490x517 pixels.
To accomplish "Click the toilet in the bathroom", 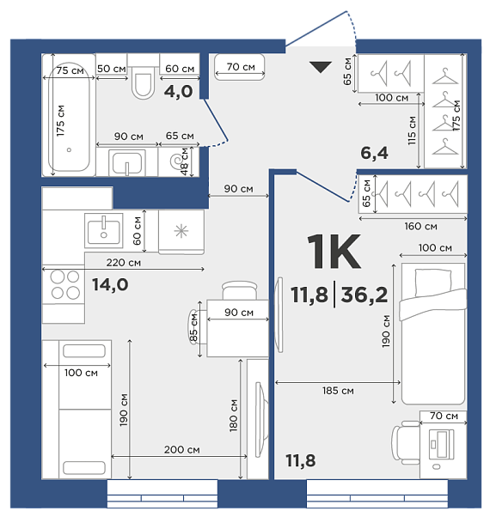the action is click(144, 76).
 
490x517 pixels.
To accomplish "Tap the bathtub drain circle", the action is click(69, 149).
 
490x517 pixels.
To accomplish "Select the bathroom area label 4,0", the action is click(178, 91).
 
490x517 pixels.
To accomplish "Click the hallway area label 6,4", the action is click(374, 153).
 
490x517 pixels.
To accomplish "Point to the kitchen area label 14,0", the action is click(110, 284).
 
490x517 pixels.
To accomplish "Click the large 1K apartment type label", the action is click(334, 252).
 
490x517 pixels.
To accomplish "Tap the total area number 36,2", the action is click(364, 295).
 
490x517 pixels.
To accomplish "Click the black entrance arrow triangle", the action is click(321, 67).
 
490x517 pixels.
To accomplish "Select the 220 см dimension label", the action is click(124, 263).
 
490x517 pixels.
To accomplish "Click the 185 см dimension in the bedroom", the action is click(338, 391).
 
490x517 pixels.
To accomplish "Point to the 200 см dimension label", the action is click(181, 449).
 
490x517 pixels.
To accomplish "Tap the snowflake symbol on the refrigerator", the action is click(181, 231).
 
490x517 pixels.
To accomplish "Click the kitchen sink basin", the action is click(104, 232).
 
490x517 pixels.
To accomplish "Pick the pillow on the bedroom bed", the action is click(433, 283).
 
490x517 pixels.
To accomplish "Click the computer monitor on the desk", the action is click(441, 444).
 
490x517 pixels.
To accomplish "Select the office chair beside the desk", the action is click(406, 442).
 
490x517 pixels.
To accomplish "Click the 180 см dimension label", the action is click(233, 416).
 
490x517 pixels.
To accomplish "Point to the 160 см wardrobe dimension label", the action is click(420, 226).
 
